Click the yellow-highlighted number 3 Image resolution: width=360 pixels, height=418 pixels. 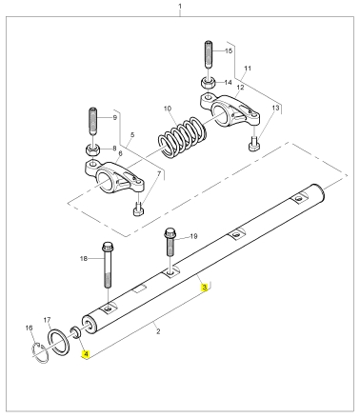[x=205, y=288]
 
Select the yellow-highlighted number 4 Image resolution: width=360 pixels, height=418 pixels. [x=86, y=354]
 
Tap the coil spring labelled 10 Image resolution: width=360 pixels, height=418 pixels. [x=182, y=137]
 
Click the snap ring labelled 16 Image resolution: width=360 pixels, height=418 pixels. [x=40, y=352]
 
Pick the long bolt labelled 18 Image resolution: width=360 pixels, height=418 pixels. [x=108, y=265]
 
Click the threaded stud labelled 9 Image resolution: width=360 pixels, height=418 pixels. [x=92, y=121]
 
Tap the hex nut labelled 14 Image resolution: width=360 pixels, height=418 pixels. [x=209, y=83]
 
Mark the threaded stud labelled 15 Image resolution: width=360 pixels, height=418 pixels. [x=208, y=54]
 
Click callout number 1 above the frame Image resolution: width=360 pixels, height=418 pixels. [x=180, y=6]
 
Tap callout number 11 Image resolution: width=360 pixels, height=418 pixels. [x=248, y=69]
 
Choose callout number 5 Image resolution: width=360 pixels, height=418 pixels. [x=132, y=135]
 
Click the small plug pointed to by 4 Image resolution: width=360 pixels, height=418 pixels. [x=76, y=333]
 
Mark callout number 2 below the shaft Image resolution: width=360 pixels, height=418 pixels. [x=158, y=331]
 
